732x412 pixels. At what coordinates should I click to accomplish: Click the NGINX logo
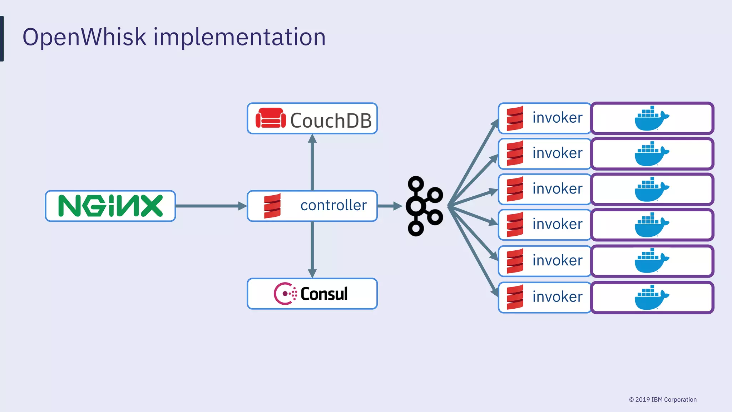[x=110, y=206]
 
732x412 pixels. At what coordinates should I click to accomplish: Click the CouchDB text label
[x=331, y=121]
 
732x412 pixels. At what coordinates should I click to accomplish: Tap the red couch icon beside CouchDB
[x=271, y=118]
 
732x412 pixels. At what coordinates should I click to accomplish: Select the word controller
[x=333, y=205]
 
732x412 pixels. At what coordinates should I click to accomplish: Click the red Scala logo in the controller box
[x=272, y=206]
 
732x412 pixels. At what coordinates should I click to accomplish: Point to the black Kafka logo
[x=425, y=206]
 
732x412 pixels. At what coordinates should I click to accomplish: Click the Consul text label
[x=324, y=294]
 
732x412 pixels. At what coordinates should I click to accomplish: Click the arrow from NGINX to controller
[x=211, y=206]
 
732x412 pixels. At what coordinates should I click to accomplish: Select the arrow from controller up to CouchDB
[x=312, y=163]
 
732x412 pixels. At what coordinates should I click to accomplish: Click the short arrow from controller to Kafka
[x=389, y=206]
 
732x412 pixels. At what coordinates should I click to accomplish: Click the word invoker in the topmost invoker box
[x=557, y=118]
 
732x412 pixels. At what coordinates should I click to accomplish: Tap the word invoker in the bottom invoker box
[x=557, y=297]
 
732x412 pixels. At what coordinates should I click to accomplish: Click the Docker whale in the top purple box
[x=651, y=118]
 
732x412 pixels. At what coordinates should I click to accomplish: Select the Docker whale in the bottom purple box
[x=651, y=298]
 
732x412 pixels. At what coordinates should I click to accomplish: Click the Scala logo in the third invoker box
[x=515, y=189]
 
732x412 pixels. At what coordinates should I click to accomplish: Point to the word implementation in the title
[x=239, y=37]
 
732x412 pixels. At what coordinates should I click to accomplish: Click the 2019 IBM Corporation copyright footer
[x=663, y=399]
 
